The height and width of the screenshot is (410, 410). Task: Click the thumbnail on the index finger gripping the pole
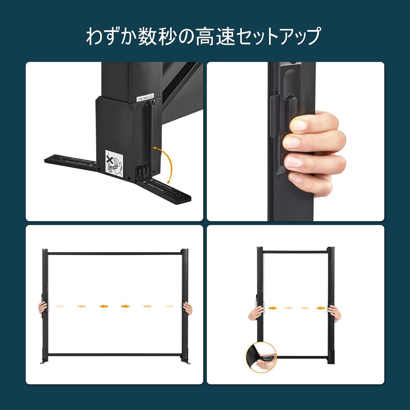click(298, 126)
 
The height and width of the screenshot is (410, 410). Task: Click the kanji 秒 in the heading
click(154, 36)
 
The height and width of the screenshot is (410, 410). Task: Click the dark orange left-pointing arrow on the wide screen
click(104, 306)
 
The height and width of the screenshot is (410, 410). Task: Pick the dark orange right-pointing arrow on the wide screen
click(125, 306)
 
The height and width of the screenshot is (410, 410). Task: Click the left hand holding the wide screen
click(42, 307)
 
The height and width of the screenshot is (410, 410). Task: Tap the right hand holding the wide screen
click(187, 307)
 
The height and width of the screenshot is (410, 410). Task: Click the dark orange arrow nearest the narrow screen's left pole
click(273, 308)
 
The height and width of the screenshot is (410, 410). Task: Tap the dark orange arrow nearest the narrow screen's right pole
click(320, 308)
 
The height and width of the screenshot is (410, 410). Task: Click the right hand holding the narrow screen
click(334, 312)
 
